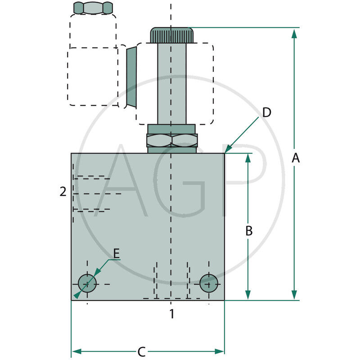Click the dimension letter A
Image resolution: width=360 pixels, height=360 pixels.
pos(295,158)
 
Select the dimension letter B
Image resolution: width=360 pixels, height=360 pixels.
pos(249,231)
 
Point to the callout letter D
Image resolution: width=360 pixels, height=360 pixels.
pos(267,112)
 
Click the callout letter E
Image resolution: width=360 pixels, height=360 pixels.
pos(116,254)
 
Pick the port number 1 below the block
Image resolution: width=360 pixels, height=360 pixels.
pos(171,314)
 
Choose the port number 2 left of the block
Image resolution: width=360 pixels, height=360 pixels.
pos(63,192)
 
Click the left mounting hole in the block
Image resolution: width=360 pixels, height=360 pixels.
pos(87,283)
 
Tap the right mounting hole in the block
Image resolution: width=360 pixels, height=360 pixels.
pos(209,283)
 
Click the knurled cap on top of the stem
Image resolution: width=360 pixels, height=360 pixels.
pos(171,35)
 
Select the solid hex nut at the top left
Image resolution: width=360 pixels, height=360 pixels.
pos(93,8)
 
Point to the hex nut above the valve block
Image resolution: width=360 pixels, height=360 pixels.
pos(172,140)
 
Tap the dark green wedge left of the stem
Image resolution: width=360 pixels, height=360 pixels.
pos(131,76)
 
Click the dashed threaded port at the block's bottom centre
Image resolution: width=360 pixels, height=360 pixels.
pos(171,281)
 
